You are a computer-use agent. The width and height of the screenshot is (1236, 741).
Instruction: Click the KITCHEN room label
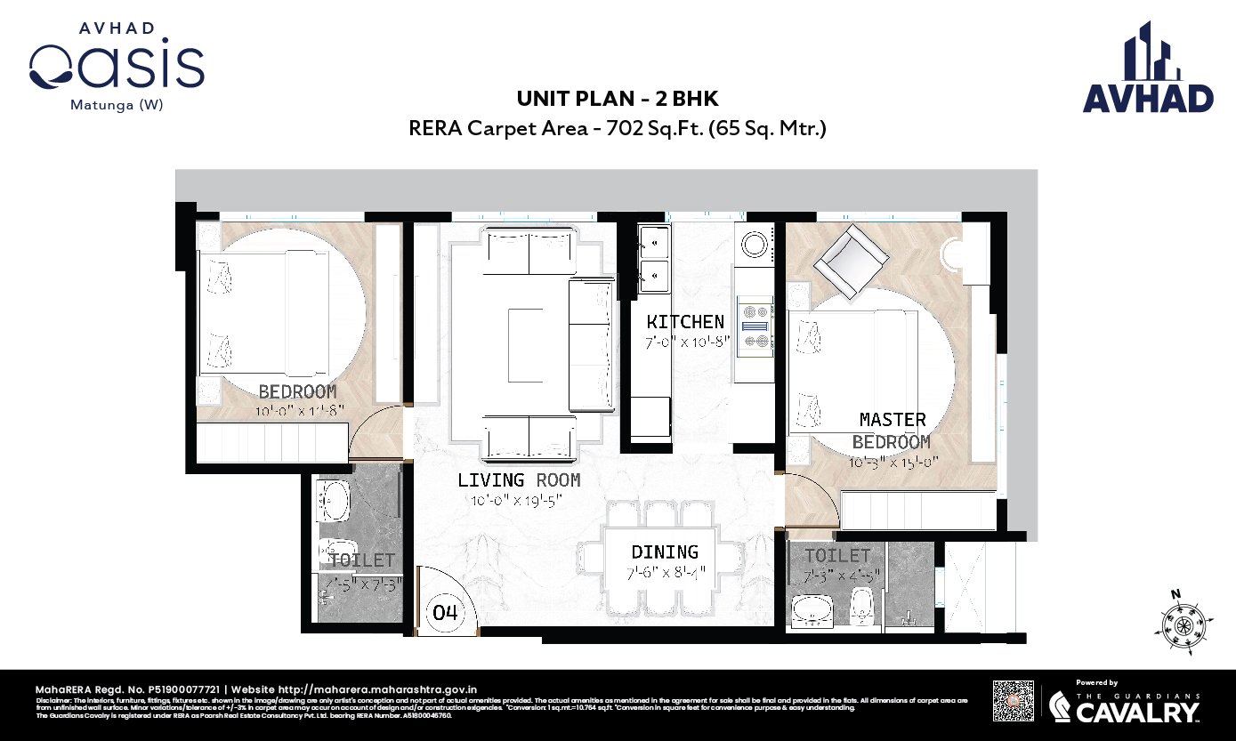[x=685, y=322]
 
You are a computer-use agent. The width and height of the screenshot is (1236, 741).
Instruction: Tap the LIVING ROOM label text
[x=519, y=480]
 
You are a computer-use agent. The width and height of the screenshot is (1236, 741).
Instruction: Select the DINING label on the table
[x=665, y=552]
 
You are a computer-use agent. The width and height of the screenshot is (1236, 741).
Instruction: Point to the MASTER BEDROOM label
[x=892, y=430]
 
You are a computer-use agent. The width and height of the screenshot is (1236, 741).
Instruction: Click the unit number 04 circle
[x=446, y=613]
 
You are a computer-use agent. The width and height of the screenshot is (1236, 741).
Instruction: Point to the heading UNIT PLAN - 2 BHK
[x=618, y=100]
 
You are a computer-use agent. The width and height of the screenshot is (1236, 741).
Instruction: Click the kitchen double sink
[x=654, y=257]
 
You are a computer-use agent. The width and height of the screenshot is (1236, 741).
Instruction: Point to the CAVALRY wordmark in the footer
[x=1138, y=712]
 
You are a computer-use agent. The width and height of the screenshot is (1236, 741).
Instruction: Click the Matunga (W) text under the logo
[x=117, y=104]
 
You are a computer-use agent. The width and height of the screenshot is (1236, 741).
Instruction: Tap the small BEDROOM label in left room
[x=297, y=392]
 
